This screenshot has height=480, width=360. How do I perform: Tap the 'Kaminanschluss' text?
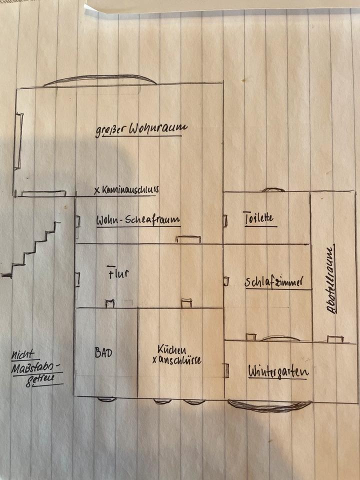pos(130,190)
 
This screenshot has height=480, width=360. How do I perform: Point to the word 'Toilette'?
pos(258,218)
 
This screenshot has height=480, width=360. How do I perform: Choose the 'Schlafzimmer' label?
pos(274,282)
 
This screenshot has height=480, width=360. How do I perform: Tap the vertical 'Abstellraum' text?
pos(330,279)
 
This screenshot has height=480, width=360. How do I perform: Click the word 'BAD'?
pos(103,352)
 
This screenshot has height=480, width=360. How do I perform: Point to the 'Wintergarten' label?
pos(278,371)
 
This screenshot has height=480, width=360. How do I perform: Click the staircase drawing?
pos(32,250)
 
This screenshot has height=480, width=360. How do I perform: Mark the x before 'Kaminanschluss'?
pos(96,190)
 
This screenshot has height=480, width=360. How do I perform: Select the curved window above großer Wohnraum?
pos(100,79)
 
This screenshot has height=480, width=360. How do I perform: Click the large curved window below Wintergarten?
pos(270,406)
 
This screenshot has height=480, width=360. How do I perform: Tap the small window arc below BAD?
pos(106,399)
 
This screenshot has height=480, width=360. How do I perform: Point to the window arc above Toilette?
pos(273,190)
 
